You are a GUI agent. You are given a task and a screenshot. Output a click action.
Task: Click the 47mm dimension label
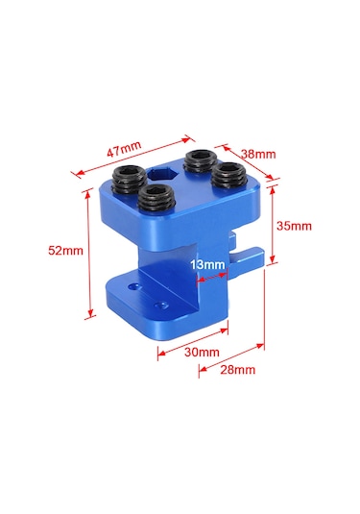pyautogui.click(x=124, y=149)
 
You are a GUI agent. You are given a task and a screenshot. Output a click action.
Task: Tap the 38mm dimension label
pyautogui.click(x=258, y=154)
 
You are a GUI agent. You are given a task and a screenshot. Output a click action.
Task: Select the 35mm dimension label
pyautogui.click(x=294, y=226)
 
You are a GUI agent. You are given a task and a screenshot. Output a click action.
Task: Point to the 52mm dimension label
pyautogui.click(x=65, y=251)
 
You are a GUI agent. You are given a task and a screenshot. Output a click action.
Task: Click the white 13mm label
pyautogui.click(x=207, y=264)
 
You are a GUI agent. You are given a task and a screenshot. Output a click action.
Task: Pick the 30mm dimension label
pyautogui.click(x=202, y=352)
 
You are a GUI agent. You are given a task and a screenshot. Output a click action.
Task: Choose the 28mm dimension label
pyautogui.click(x=237, y=370)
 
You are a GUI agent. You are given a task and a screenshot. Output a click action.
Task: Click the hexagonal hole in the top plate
pyautogui.click(x=162, y=173)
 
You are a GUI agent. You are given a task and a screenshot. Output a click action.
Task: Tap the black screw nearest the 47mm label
pyautogui.click(x=130, y=179)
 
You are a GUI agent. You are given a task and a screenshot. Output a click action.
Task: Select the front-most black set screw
pyautogui.click(x=155, y=198)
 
